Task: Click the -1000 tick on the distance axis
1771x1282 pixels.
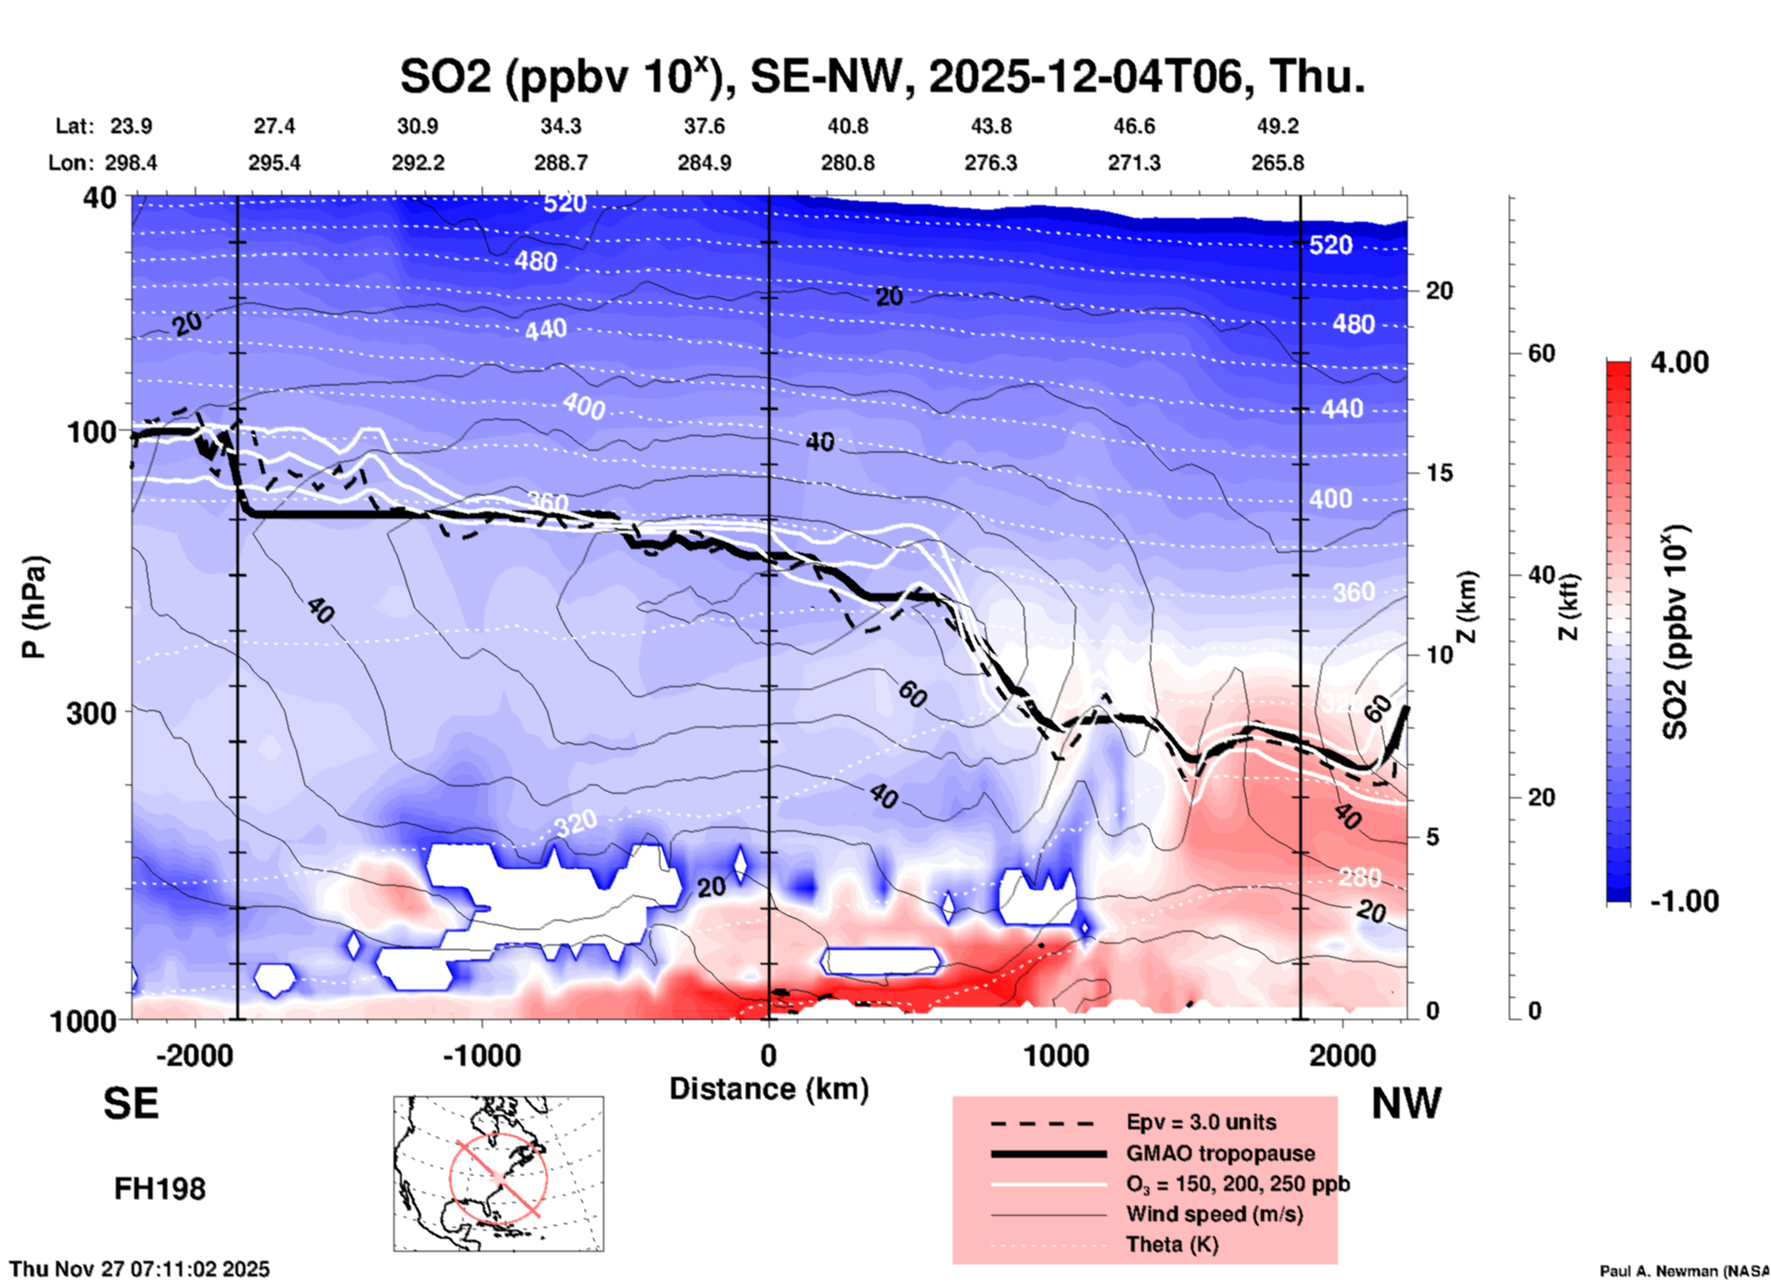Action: click(x=482, y=1055)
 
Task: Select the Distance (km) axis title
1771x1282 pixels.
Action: click(x=769, y=1089)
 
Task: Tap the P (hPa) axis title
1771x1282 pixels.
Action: click(x=34, y=607)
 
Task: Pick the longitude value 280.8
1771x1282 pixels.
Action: click(x=847, y=163)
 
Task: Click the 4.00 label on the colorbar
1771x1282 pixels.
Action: click(x=1679, y=361)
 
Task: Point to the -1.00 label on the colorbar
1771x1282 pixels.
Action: click(x=1684, y=900)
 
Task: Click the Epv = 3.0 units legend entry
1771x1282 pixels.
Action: click(x=1201, y=1122)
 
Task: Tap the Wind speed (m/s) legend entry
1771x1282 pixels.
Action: click(x=1214, y=1214)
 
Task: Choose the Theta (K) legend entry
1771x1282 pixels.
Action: click(x=1171, y=1244)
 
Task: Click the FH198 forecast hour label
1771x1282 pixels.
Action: click(x=159, y=1189)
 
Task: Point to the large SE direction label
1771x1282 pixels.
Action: click(x=131, y=1104)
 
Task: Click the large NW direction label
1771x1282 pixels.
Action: click(x=1406, y=1104)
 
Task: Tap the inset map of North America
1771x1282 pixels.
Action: click(x=498, y=1173)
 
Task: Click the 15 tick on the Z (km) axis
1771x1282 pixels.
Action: click(x=1439, y=473)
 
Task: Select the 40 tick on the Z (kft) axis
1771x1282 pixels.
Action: click(x=1541, y=576)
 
